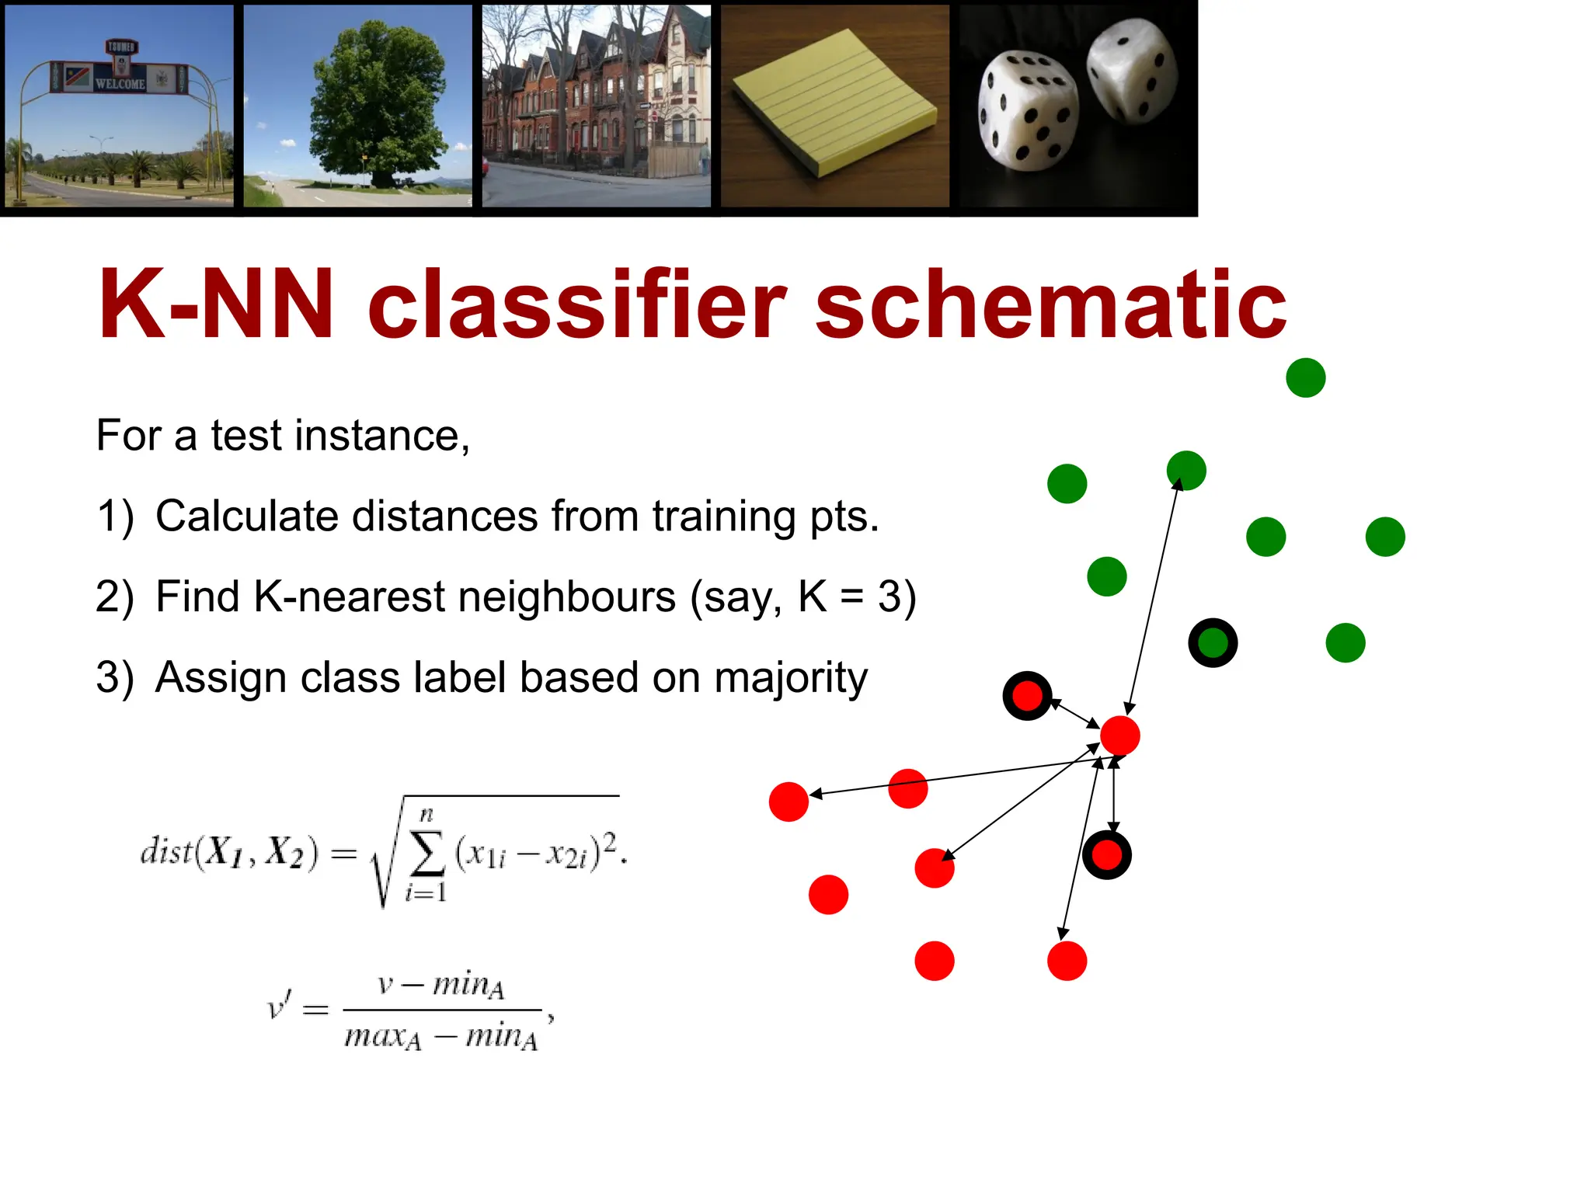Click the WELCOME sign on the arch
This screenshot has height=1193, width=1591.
click(x=120, y=83)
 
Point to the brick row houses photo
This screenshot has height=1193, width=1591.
click(x=596, y=106)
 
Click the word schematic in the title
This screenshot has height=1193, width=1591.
click(x=1050, y=304)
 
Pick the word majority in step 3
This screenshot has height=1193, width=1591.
click(x=790, y=677)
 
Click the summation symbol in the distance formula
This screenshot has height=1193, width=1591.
click(x=427, y=853)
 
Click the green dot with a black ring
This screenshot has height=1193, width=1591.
click(x=1213, y=643)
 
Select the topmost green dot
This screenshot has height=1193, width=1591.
click(x=1305, y=377)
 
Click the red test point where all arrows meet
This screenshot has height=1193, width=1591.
click(x=1119, y=736)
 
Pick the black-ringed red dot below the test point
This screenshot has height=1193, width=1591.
click(x=1106, y=855)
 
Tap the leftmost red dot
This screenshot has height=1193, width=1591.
click(x=789, y=802)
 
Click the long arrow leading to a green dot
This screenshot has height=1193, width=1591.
click(x=1154, y=594)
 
